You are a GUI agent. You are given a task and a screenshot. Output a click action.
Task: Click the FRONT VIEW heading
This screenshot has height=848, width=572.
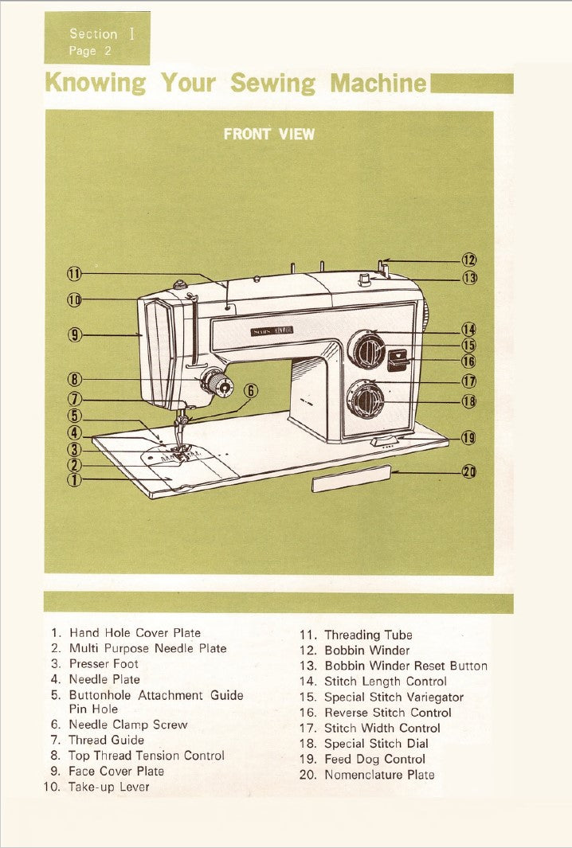point(268,134)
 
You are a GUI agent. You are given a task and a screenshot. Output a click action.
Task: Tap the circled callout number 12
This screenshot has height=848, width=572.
point(469,260)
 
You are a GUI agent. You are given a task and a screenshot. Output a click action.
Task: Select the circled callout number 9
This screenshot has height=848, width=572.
point(74,335)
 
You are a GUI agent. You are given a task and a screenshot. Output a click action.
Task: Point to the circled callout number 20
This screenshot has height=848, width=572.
point(469,471)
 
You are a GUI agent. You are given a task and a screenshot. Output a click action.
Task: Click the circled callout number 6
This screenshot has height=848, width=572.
point(251,390)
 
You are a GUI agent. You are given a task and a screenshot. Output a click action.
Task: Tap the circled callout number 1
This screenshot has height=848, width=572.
point(74,479)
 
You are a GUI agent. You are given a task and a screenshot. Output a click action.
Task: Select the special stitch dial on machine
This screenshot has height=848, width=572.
point(366,399)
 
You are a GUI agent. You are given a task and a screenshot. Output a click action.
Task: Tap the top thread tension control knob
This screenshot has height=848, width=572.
point(215,383)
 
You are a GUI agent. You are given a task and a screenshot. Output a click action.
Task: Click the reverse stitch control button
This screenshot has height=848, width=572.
point(396,360)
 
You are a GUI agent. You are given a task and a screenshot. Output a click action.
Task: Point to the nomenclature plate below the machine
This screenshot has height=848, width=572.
point(351,479)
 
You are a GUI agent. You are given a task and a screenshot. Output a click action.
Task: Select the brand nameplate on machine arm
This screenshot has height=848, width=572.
point(272,330)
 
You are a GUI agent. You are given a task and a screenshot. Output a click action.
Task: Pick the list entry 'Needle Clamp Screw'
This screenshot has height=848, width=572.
point(127,725)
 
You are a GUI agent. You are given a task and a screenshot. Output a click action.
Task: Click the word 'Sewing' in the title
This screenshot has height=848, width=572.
point(272,83)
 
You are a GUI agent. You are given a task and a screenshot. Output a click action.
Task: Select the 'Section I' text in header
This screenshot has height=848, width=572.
point(92,33)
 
